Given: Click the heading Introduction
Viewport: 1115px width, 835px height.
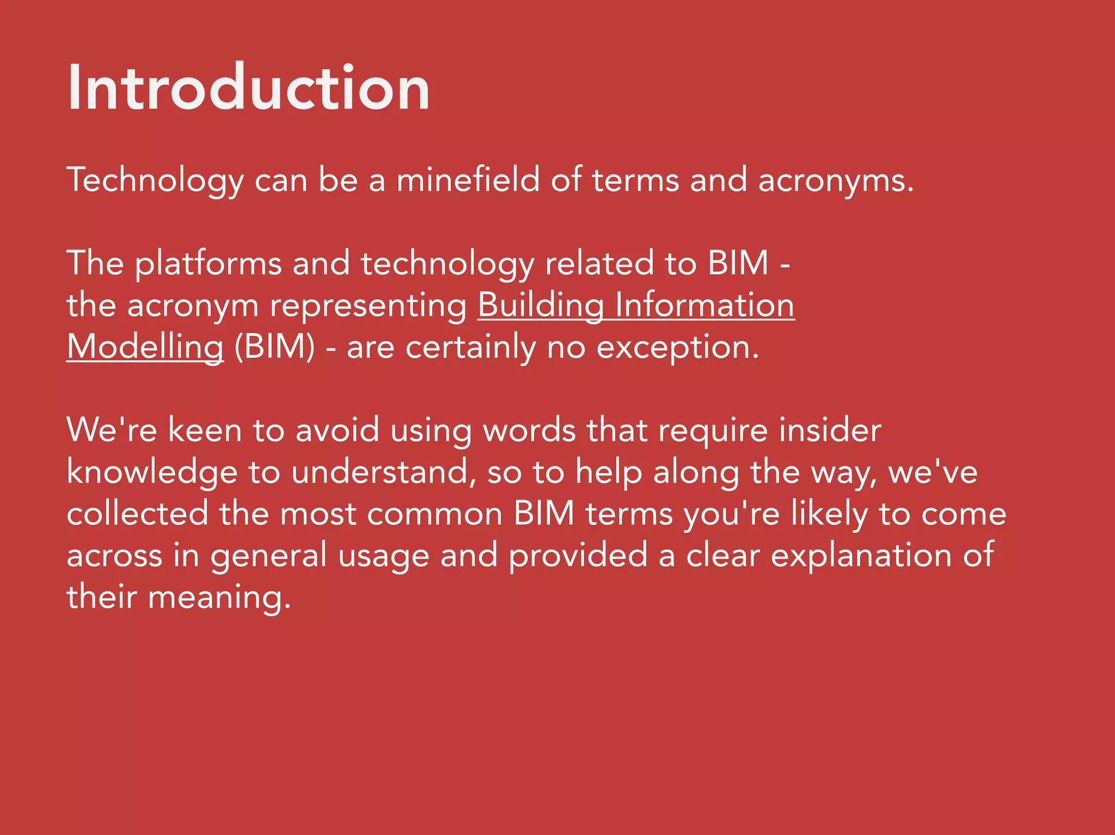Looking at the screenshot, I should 249,88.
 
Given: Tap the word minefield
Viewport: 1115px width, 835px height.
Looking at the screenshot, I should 468,180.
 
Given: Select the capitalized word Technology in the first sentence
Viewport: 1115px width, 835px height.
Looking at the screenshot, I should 155,181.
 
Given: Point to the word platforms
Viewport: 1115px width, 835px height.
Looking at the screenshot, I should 208,264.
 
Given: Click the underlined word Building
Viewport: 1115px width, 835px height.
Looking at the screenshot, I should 541,305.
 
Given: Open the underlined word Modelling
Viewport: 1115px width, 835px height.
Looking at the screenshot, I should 145,347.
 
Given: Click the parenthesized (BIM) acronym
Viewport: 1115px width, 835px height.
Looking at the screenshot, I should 274,347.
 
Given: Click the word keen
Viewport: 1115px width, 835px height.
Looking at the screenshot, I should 204,430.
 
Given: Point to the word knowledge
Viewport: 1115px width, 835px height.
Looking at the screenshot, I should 152,472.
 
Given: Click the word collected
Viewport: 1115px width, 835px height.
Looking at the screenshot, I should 137,513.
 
